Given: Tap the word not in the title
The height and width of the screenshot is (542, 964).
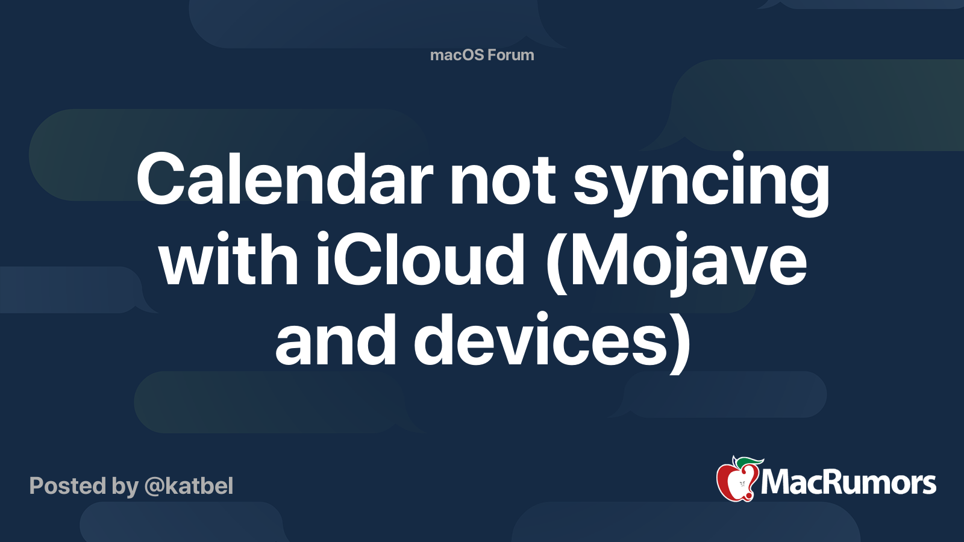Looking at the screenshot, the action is [503, 181].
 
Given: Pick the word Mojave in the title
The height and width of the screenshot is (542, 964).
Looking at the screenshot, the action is [688, 263].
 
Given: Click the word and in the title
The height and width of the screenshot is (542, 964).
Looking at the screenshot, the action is [336, 339].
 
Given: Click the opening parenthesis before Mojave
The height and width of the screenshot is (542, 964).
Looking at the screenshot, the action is [556, 263].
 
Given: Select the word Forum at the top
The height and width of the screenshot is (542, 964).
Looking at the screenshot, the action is [512, 55].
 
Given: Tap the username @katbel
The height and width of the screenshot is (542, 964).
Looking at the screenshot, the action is [189, 486].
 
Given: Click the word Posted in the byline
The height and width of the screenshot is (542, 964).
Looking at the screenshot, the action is [67, 486].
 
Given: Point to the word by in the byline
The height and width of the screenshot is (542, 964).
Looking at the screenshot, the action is [125, 488].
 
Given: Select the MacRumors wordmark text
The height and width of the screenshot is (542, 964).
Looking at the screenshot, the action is [848, 483].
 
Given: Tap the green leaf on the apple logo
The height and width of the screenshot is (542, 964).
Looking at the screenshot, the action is [750, 462].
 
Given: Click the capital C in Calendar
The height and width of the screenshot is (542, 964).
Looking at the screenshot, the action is [161, 179].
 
